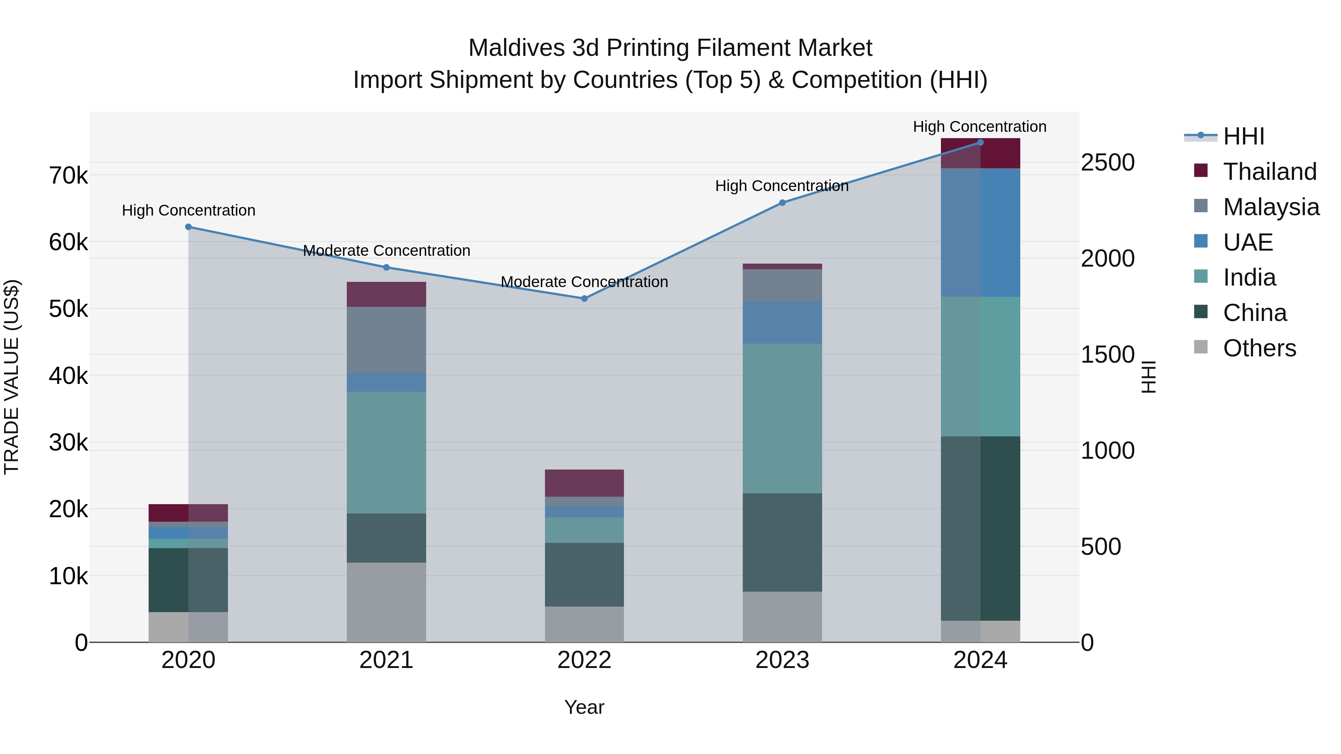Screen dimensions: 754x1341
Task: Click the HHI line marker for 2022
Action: pos(584,299)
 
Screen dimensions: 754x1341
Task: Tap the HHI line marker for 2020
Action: pos(188,227)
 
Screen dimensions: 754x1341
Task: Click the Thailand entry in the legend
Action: pos(1269,172)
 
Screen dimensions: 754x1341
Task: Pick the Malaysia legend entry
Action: pos(1271,207)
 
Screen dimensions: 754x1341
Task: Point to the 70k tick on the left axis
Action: pos(68,176)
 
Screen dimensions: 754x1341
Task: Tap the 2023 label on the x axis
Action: pos(782,660)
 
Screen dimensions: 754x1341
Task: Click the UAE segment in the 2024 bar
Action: pos(980,233)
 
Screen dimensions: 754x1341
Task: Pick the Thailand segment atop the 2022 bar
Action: pos(584,483)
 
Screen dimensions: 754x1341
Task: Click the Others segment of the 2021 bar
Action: pos(386,602)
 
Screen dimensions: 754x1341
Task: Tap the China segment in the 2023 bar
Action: pos(782,542)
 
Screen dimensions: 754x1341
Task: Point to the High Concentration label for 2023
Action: pos(782,186)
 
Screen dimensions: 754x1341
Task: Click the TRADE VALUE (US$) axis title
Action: pos(12,377)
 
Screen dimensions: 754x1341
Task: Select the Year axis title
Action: pos(584,707)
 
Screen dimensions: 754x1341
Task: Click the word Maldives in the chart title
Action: pos(516,48)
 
